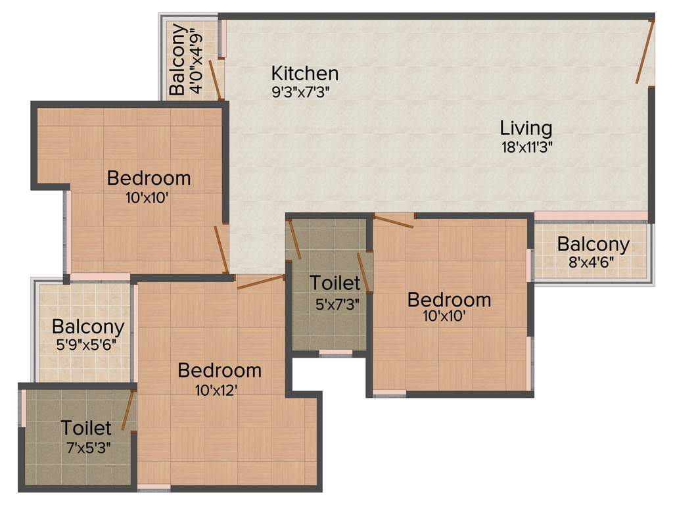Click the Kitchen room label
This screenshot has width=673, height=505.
305,73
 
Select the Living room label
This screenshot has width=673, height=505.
526,127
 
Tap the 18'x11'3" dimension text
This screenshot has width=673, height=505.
526,147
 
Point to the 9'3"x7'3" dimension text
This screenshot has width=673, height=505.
300,92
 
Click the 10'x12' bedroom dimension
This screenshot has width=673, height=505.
216,390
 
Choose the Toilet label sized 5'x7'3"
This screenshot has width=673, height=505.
335,283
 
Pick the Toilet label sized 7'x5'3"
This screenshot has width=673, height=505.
86,428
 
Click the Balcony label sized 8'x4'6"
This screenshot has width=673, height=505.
593,245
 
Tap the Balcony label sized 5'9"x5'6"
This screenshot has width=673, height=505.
88,326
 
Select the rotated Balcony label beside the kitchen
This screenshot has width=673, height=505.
177,61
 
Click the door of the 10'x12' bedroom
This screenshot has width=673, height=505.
260,282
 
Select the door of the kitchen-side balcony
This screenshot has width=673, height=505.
215,80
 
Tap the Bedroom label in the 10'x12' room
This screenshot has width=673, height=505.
220,370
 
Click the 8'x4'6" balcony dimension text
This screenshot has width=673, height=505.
593,263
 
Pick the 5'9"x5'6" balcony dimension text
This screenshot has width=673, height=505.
88,344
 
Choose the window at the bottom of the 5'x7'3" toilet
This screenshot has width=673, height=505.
335,353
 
